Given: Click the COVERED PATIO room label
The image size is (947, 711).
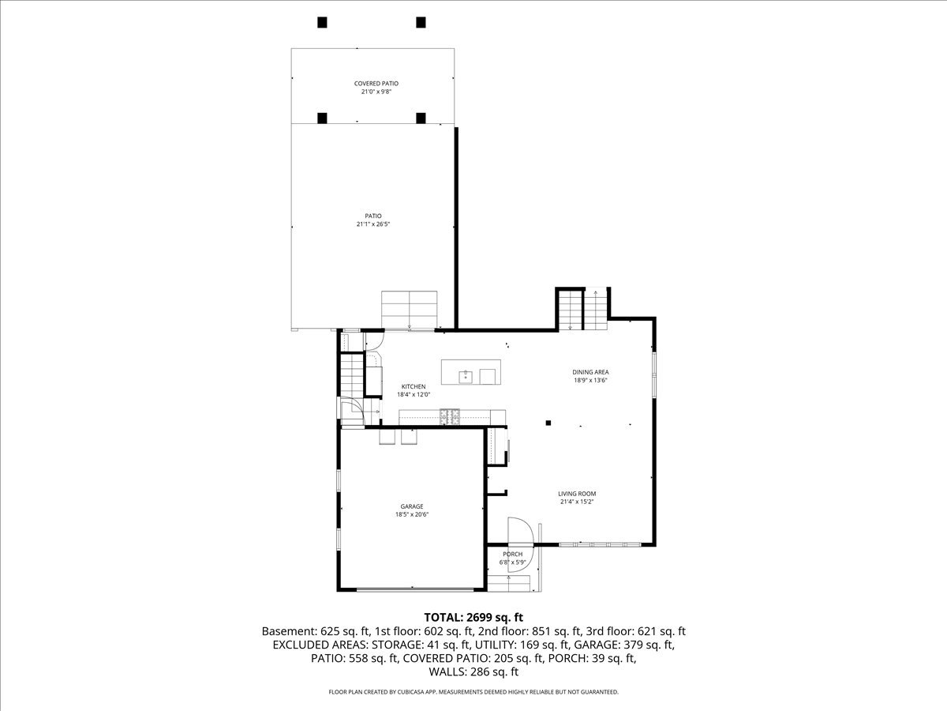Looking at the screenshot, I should click(x=373, y=83).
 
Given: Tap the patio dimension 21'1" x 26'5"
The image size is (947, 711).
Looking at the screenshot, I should click(x=373, y=224).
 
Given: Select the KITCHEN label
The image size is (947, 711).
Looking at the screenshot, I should click(x=413, y=387).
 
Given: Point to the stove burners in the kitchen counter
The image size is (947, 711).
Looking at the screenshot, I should click(x=451, y=416).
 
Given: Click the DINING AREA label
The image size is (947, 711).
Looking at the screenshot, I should click(x=590, y=372).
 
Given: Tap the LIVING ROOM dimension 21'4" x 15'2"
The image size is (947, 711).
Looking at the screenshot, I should click(x=577, y=502).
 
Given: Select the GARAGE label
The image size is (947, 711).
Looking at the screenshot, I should click(x=411, y=506).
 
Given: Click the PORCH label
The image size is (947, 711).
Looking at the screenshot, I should click(x=513, y=555).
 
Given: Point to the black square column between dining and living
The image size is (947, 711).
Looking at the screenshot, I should click(x=548, y=423).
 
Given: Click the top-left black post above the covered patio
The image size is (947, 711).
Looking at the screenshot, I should click(x=322, y=22).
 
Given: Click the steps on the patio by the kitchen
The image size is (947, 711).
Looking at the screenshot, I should click(x=409, y=309).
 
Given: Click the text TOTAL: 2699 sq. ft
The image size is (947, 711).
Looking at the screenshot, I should click(x=473, y=617).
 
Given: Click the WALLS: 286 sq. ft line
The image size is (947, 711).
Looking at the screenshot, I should click(x=473, y=672).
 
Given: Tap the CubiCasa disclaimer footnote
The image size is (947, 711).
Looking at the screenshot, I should click(x=473, y=692).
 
